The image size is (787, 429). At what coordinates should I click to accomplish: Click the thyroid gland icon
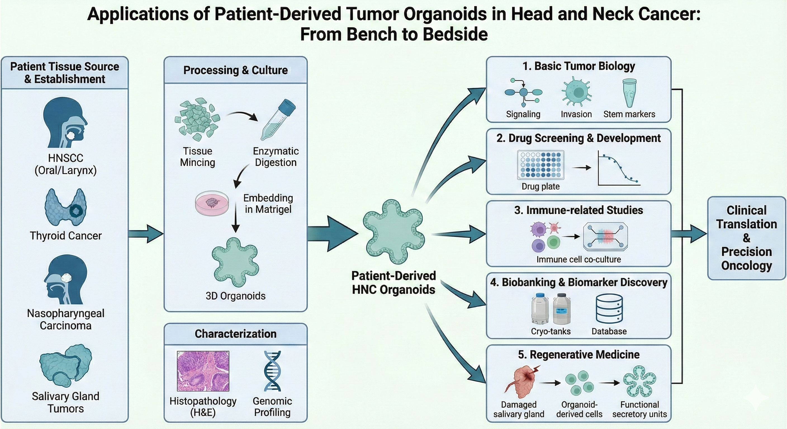(x=65, y=207)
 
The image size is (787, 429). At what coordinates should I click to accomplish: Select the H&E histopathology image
(x=203, y=371)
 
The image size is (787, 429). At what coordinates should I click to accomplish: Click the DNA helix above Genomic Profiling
(x=272, y=371)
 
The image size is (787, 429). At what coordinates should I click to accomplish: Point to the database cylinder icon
(x=609, y=309)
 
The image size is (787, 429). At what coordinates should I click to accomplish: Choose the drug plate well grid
(x=541, y=165)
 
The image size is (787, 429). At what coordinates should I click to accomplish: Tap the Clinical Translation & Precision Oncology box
(x=746, y=238)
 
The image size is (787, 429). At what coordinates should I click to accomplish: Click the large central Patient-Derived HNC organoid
(x=393, y=232)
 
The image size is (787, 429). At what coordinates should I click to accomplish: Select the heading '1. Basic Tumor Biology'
(x=579, y=66)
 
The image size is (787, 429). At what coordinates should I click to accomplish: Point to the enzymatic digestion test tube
(x=278, y=119)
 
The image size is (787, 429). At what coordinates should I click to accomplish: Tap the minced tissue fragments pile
(x=197, y=119)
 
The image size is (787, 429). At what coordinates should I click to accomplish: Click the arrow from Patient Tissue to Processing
(x=146, y=234)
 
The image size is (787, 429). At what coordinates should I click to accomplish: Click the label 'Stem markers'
(x=629, y=114)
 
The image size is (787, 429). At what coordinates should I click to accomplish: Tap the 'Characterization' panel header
(x=236, y=334)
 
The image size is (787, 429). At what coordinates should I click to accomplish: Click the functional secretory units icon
(x=639, y=382)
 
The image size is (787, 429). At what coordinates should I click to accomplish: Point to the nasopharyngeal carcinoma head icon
(x=65, y=279)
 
